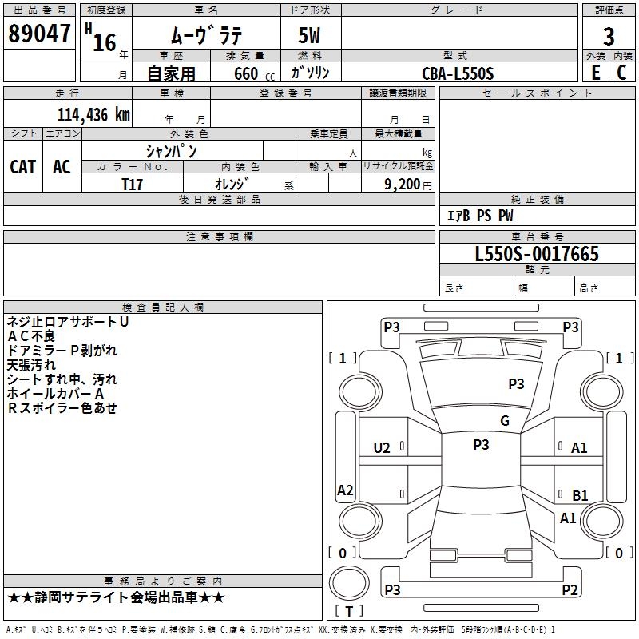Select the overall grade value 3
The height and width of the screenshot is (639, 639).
click(609, 37)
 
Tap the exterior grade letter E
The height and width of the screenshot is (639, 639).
click(595, 72)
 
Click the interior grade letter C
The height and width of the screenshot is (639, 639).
click(621, 72)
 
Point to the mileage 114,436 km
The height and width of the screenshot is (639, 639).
click(93, 115)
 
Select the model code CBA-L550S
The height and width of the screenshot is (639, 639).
click(458, 73)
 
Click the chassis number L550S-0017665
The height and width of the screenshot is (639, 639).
click(537, 255)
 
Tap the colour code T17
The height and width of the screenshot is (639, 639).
click(133, 184)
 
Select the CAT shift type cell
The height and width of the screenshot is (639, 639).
click(23, 166)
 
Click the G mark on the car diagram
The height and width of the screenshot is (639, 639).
click(505, 421)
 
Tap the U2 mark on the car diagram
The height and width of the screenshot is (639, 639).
click(383, 448)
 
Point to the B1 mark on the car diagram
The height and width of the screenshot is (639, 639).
click(580, 495)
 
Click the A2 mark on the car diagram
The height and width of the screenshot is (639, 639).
click(345, 490)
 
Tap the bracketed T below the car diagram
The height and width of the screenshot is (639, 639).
click(349, 612)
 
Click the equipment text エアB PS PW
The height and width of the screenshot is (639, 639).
click(479, 216)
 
